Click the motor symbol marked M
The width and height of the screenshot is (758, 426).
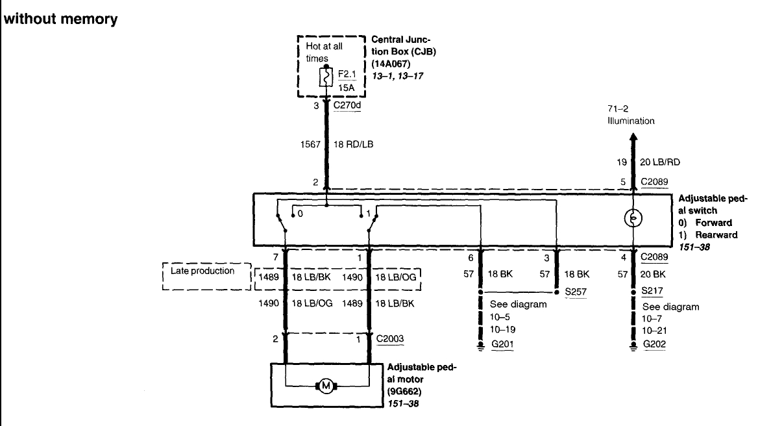tap(326, 386)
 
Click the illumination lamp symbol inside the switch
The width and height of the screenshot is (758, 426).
tap(633, 219)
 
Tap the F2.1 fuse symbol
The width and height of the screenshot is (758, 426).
tap(326, 79)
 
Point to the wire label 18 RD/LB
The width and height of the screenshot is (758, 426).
tap(353, 144)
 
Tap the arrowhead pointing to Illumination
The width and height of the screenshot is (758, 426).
tap(633, 138)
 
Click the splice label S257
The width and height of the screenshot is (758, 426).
tap(575, 292)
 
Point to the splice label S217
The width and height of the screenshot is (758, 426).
tap(651, 291)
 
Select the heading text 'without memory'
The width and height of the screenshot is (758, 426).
tap(61, 19)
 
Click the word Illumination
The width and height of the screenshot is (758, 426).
tap(631, 121)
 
